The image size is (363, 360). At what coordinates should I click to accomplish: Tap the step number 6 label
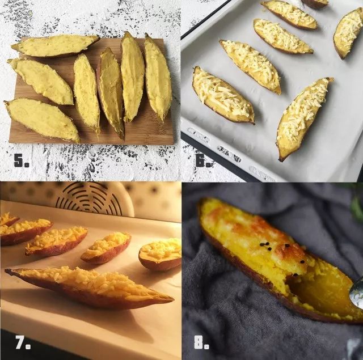coord(204,160)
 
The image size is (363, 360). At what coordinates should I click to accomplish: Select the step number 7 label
coord(23,342)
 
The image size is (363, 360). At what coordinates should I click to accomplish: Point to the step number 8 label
coord(201,342)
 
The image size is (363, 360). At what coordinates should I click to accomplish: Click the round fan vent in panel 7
coord(89,198)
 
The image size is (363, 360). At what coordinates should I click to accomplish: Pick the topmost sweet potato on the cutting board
coord(55,46)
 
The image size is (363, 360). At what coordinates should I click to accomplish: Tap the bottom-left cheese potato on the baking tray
coord(223,95)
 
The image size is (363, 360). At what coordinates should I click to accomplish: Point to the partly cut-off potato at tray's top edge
coord(315,3)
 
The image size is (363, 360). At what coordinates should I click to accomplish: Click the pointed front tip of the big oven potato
coord(7,270)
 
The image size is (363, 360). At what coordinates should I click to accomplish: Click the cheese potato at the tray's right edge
coord(347,32)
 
